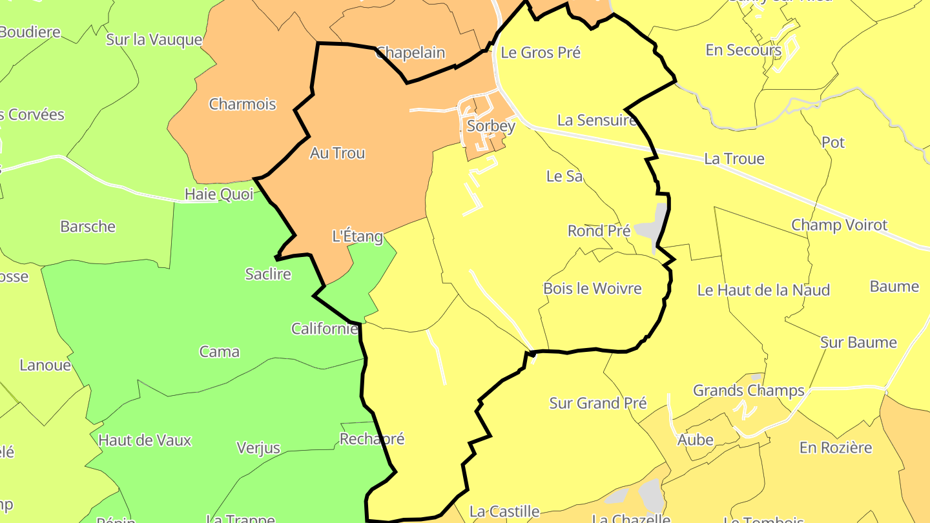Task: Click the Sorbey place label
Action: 491,126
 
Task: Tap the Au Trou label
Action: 337,153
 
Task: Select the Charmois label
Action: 242,104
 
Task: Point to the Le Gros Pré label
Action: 541,53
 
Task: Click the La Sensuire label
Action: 596,120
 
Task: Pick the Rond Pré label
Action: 599,231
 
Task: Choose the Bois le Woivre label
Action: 592,288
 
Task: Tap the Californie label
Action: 324,329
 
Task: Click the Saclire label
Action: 268,274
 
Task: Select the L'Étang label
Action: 357,236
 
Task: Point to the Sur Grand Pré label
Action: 597,404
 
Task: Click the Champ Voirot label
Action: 839,225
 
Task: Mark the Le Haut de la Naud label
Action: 763,291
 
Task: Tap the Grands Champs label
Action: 749,391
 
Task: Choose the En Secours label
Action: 743,50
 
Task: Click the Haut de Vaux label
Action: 145,440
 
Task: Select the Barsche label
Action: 88,227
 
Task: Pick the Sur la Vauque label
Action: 154,39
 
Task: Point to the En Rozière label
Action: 835,447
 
